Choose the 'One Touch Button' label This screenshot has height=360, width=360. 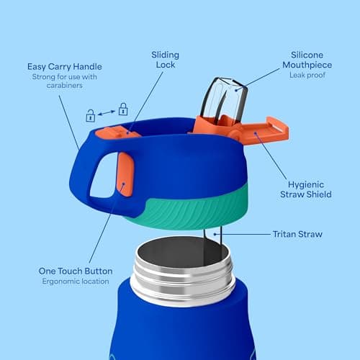click(75, 271)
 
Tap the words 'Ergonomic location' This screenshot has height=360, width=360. click(75, 282)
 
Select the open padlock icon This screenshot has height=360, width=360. click(91, 114)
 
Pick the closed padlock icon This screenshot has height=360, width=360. click(123, 109)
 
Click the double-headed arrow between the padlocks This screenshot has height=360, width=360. click(107, 112)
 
